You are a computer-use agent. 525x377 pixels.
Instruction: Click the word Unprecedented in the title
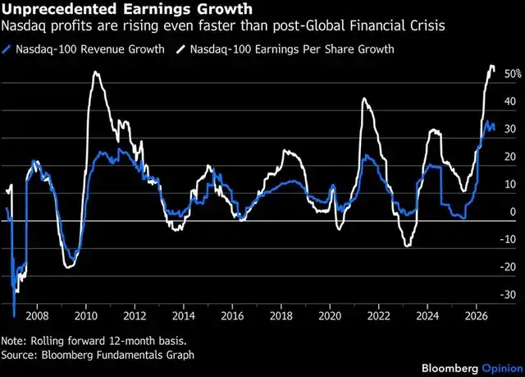pyautogui.click(x=59, y=9)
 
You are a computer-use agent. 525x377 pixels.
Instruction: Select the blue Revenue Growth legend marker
pyautogui.click(x=7, y=49)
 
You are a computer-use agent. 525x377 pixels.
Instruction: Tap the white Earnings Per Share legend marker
pyautogui.click(x=180, y=49)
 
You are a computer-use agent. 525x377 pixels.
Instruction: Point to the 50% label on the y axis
pyautogui.click(x=513, y=74)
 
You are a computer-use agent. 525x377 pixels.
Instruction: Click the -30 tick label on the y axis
pyautogui.click(x=508, y=295)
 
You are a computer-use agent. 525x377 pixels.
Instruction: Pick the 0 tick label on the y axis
pyautogui.click(x=513, y=212)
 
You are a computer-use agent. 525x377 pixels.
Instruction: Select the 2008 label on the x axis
pyautogui.click(x=37, y=315)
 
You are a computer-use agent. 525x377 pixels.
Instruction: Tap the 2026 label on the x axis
pyautogui.click(x=477, y=315)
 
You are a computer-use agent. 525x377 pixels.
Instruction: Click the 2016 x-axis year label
pyautogui.click(x=232, y=315)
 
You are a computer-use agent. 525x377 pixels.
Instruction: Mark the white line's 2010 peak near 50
pyautogui.click(x=96, y=71)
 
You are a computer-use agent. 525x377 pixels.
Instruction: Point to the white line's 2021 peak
pyautogui.click(x=364, y=99)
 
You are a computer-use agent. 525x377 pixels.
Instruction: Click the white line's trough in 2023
pyautogui.click(x=408, y=246)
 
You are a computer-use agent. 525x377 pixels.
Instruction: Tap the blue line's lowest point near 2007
pyautogui.click(x=14, y=316)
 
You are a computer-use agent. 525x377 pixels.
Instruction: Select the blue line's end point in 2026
pyautogui.click(x=494, y=130)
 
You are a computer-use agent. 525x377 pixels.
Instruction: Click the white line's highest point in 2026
pyautogui.click(x=492, y=66)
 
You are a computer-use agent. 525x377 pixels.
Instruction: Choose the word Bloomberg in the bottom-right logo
pyautogui.click(x=450, y=368)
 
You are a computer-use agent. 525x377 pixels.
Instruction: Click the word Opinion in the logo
pyautogui.click(x=502, y=369)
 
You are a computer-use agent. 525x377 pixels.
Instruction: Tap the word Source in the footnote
pyautogui.click(x=17, y=355)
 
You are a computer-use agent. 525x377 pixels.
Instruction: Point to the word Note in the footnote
pyautogui.click(x=13, y=341)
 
